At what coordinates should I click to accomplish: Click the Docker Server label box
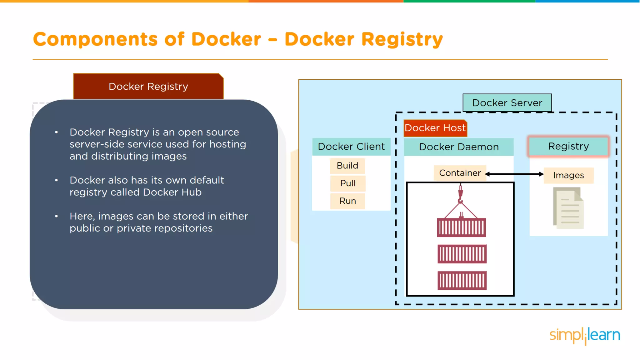coord(507,103)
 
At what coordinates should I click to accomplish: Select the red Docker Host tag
coord(435,128)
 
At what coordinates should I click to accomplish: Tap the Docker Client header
coord(351,147)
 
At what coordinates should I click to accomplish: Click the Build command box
coord(347,166)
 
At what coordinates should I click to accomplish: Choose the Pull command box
coord(348,183)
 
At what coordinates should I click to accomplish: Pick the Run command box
coord(348,201)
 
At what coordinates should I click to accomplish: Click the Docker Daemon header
coord(459,147)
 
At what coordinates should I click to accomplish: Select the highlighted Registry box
coord(568,146)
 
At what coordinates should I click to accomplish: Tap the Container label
coord(460,173)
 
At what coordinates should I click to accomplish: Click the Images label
coord(568,175)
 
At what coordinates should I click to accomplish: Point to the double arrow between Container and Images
coord(514,174)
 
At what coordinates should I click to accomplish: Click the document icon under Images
coord(568,208)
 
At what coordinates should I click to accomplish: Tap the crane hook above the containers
coord(460,195)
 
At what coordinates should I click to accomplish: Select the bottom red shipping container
coord(462,280)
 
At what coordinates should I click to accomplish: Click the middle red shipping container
coord(462,254)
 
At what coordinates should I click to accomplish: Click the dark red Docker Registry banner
coord(148,87)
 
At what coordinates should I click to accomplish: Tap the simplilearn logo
coord(585,335)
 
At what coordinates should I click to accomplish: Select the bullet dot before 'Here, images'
coord(56,216)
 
